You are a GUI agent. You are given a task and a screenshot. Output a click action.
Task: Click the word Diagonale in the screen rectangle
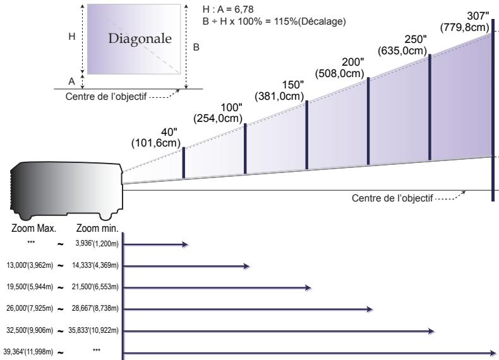point(140,39)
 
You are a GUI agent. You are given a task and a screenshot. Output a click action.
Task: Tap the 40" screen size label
point(169,132)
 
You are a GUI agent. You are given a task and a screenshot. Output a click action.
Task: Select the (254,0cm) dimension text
point(218,118)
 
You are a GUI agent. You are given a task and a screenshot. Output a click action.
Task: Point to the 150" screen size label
point(293,85)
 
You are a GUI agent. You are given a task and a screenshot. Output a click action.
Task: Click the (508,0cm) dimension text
point(340,73)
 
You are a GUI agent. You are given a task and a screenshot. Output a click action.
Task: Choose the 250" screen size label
point(416,39)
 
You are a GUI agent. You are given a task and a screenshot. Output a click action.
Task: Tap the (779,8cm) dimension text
point(465,27)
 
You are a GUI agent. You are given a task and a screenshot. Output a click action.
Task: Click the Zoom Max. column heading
point(33,228)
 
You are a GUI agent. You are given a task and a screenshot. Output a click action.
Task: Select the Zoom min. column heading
point(97,228)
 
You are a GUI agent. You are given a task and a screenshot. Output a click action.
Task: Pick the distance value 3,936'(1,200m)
point(97,244)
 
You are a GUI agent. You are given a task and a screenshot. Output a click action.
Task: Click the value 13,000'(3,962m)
point(30,265)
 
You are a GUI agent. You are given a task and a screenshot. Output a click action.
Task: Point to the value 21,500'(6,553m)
point(95,287)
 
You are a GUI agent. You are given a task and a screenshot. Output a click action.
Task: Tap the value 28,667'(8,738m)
point(95,308)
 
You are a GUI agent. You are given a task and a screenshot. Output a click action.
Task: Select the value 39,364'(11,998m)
point(28,352)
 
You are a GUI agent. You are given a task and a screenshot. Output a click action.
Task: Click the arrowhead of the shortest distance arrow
point(185,244)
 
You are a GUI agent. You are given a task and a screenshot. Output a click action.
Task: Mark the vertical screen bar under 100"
point(245,148)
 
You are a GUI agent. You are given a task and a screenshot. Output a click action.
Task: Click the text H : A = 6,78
point(228,9)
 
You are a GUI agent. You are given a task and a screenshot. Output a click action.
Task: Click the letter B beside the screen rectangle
point(196,47)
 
